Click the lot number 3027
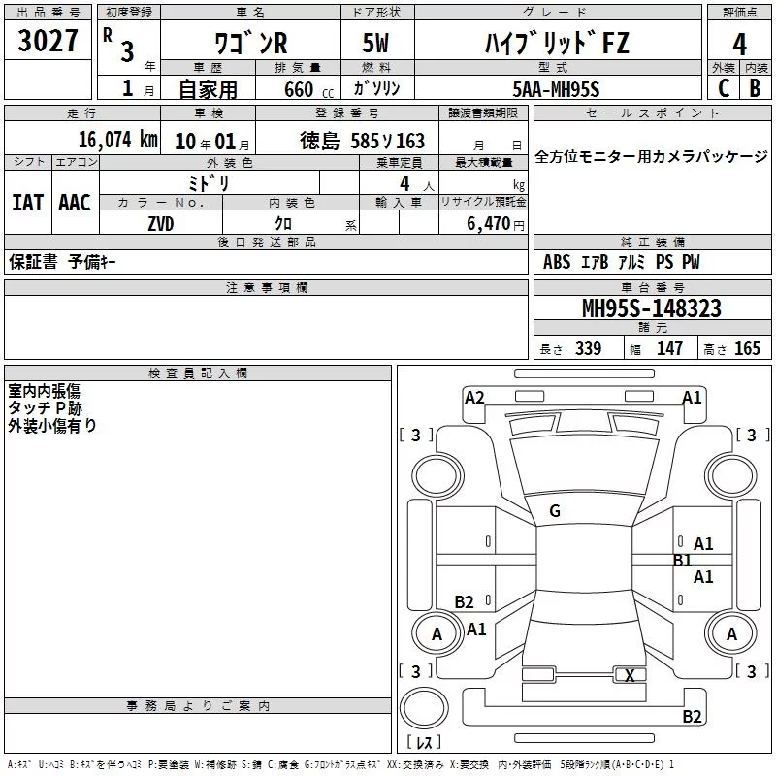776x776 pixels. click(x=48, y=40)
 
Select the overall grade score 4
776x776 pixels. click(x=739, y=44)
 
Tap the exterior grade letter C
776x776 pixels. click(x=724, y=88)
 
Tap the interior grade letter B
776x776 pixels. click(x=755, y=88)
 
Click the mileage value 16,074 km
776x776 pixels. click(x=118, y=140)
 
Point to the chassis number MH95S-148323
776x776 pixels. click(x=651, y=307)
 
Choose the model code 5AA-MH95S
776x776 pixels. click(x=556, y=89)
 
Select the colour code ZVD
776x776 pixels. click(x=161, y=224)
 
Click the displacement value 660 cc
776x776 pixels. click(x=308, y=89)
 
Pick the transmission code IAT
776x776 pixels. click(x=27, y=203)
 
